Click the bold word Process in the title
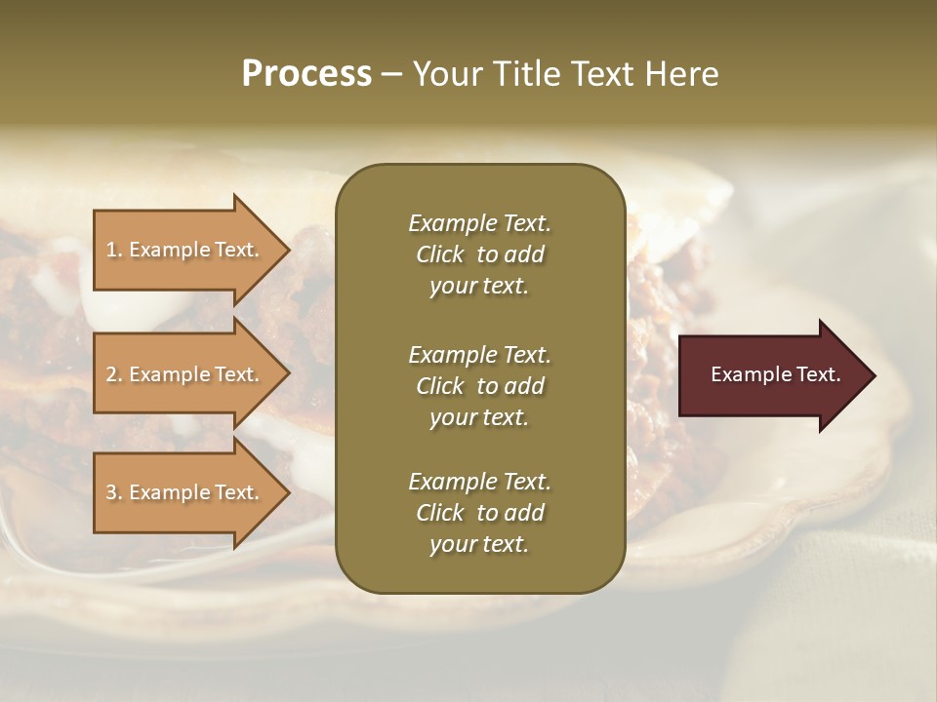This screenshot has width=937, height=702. (306, 74)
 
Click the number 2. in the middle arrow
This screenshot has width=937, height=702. (114, 374)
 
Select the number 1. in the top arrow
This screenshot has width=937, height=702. (114, 250)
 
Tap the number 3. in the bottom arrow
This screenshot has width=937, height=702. (114, 492)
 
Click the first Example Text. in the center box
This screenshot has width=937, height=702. (479, 223)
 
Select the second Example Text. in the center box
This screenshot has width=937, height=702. (479, 354)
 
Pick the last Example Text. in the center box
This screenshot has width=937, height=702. (479, 481)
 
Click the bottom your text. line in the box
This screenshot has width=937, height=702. (479, 544)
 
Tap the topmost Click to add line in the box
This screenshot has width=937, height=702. (479, 254)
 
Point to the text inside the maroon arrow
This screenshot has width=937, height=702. (775, 374)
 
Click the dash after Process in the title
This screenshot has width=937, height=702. (391, 75)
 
